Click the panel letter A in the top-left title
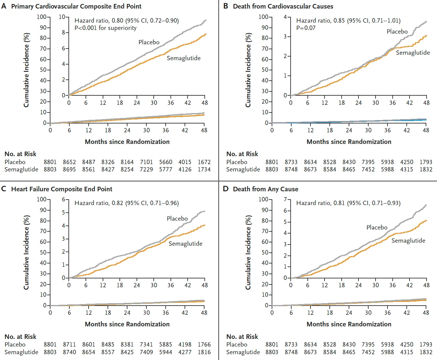click(4, 6)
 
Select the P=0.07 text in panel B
click(306, 28)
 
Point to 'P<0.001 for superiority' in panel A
click(105, 28)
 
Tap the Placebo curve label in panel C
click(177, 219)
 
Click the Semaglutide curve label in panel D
click(408, 241)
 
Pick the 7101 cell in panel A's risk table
click(146, 162)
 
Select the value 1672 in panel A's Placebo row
click(204, 162)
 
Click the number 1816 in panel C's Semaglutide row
click(204, 352)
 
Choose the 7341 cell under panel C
click(146, 344)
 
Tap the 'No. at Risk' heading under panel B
click(242, 154)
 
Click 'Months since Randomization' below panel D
click(349, 324)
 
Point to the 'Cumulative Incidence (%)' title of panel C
click(26, 252)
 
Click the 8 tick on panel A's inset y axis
click(64, 32)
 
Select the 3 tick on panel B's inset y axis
click(285, 37)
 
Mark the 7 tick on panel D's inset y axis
click(285, 200)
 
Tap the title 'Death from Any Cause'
click(265, 189)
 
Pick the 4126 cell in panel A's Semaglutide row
click(185, 169)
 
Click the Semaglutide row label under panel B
click(243, 169)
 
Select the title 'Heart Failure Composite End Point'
click(62, 189)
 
